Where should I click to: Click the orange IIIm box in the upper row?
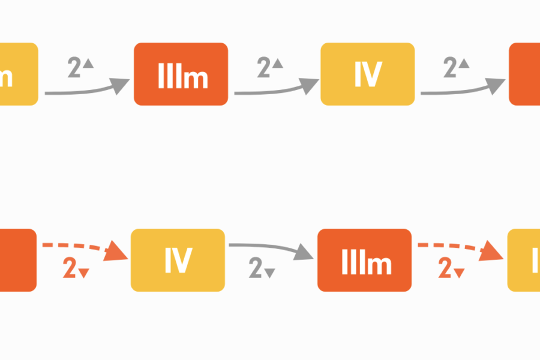pyautogui.click(x=181, y=74)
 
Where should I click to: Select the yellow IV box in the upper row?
pyautogui.click(x=367, y=74)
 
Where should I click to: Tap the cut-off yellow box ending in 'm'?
pyautogui.click(x=18, y=74)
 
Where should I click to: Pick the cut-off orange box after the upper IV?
pyautogui.click(x=524, y=74)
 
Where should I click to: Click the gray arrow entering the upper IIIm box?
pyautogui.click(x=87, y=90)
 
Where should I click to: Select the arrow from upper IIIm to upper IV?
pyautogui.click(x=276, y=90)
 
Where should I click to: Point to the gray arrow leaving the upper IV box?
pyautogui.click(x=462, y=90)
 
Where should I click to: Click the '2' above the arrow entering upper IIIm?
pyautogui.click(x=75, y=68)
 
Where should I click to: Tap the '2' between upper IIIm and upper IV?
pyautogui.click(x=264, y=68)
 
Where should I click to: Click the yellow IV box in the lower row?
pyautogui.click(x=178, y=260)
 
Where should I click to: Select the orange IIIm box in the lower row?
pyautogui.click(x=364, y=260)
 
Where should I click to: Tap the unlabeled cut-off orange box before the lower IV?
pyautogui.click(x=17, y=260)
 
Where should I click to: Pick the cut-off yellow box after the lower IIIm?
pyautogui.click(x=524, y=260)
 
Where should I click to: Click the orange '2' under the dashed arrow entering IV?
pyautogui.click(x=70, y=269)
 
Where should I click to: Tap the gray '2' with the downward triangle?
pyautogui.click(x=256, y=269)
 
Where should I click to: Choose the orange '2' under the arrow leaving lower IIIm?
pyautogui.click(x=445, y=269)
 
